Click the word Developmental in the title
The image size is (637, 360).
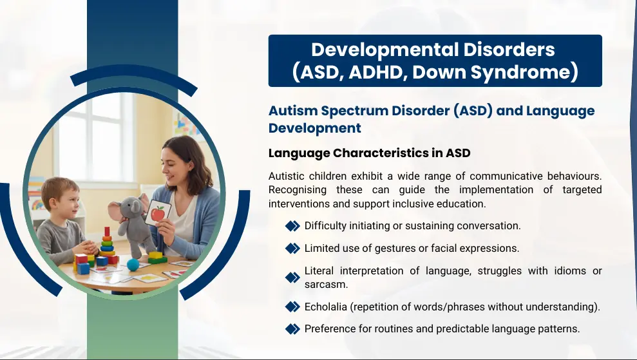click(385, 50)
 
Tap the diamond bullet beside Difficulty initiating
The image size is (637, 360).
click(292, 226)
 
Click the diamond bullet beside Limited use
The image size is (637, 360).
click(292, 248)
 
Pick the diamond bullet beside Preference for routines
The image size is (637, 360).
click(292, 328)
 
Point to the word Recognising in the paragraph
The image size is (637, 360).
click(298, 190)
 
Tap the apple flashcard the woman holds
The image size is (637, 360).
click(158, 213)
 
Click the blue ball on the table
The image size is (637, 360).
click(133, 265)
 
